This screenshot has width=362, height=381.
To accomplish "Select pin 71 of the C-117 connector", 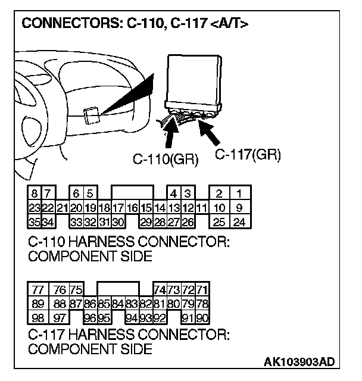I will pyautogui.click(x=202, y=290).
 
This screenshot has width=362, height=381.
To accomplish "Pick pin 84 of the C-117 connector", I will pyautogui.click(x=118, y=304).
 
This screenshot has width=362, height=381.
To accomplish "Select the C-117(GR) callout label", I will pyautogui.click(x=247, y=154).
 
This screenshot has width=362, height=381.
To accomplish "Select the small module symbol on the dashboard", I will pyautogui.click(x=91, y=115).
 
